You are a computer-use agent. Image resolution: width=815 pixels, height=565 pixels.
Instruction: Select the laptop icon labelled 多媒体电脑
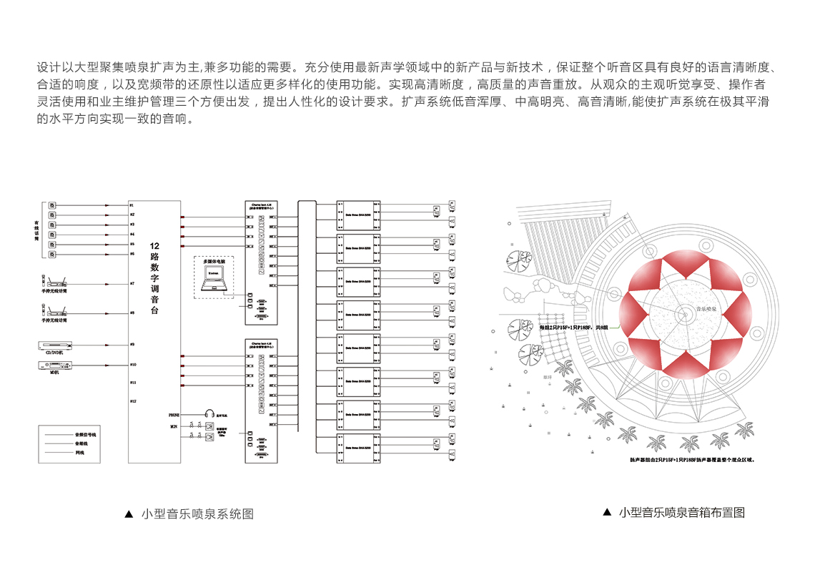coord(213,284)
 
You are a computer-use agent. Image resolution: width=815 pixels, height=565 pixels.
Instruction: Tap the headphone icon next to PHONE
coord(209,414)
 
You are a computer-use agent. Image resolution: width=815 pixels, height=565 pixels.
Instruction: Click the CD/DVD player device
coord(55,345)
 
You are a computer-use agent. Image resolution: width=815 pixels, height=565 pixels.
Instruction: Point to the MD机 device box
coord(55,365)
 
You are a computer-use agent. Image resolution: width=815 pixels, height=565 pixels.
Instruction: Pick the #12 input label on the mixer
coord(132,401)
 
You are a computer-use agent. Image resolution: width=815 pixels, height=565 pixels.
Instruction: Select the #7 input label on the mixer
coord(132,284)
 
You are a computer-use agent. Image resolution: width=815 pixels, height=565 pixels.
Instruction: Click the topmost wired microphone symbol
coord(52,205)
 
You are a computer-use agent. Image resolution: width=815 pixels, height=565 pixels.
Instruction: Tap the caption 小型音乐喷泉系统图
coord(197,514)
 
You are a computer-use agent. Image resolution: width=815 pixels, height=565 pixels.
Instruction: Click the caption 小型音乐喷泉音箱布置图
coord(681,512)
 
